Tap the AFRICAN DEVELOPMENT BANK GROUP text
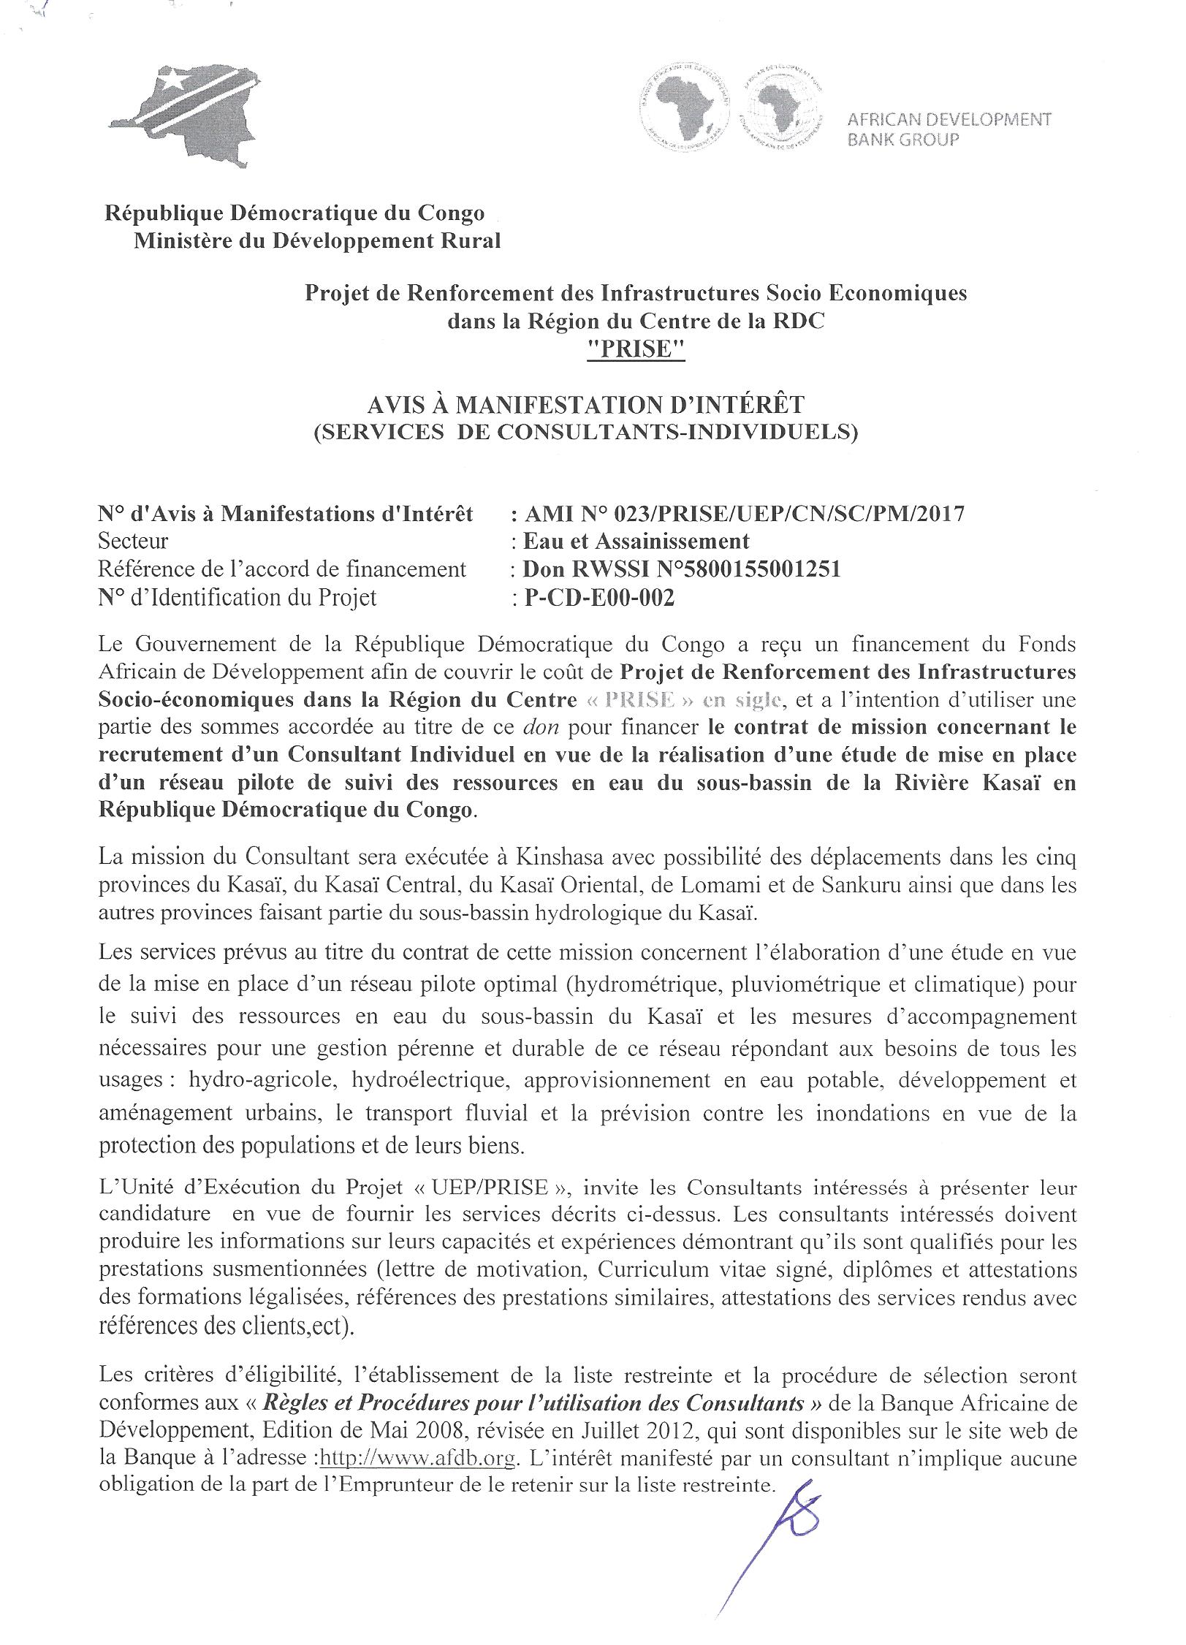pos(948,129)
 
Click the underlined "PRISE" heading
pos(636,349)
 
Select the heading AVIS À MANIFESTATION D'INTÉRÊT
pos(585,403)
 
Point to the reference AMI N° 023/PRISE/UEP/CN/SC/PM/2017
pos(744,514)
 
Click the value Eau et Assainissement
pos(636,542)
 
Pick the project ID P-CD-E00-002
pos(599,598)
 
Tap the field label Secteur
pos(132,542)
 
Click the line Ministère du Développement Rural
pos(317,240)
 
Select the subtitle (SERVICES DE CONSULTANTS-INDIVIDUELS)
pos(585,432)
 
